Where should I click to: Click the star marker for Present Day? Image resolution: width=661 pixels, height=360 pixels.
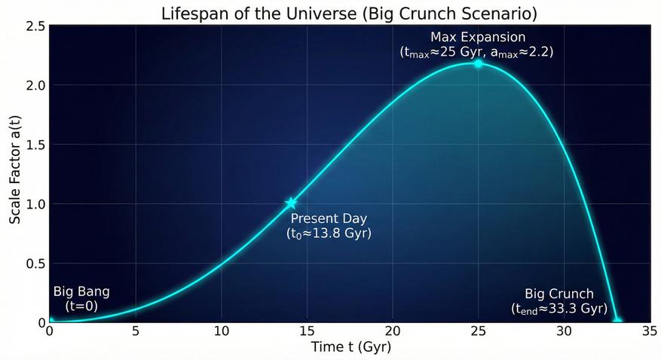click(291, 203)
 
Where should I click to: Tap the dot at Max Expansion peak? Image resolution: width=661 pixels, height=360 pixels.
click(478, 63)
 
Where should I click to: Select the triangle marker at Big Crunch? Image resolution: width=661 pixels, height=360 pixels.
click(617, 320)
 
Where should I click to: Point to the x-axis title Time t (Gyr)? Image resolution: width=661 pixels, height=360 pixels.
click(350, 347)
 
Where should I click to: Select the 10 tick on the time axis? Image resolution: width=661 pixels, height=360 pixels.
click(221, 331)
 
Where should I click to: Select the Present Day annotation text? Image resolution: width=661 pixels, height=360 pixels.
click(329, 219)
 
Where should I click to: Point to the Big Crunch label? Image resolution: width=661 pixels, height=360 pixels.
click(558, 294)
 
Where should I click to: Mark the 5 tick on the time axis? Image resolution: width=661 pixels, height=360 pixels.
click(135, 331)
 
